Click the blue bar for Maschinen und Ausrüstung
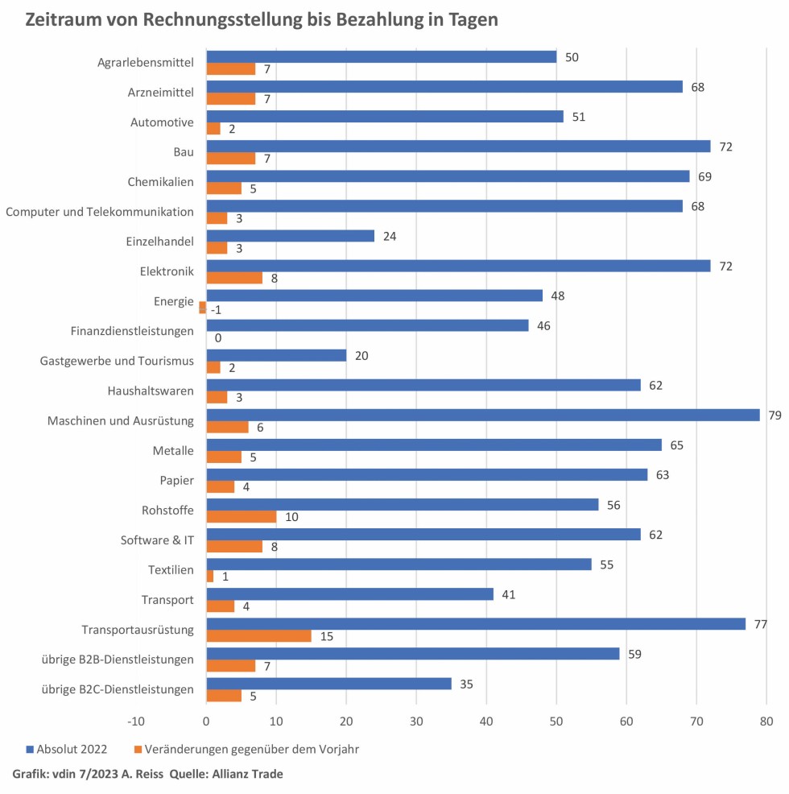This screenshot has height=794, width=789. (x=483, y=415)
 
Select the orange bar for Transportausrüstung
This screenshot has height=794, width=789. (x=258, y=636)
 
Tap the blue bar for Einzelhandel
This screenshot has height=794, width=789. (x=291, y=236)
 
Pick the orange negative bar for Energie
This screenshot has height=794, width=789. (x=203, y=308)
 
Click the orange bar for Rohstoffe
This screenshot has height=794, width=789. (x=242, y=516)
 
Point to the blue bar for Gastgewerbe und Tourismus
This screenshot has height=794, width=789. (x=276, y=355)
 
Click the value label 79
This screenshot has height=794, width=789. (x=775, y=415)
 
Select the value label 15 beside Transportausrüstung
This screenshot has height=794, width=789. (x=326, y=636)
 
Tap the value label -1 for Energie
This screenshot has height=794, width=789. (x=216, y=308)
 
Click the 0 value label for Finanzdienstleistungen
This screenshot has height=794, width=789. (x=217, y=338)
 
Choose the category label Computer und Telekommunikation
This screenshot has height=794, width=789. (x=100, y=212)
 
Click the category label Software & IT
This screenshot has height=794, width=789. (x=157, y=540)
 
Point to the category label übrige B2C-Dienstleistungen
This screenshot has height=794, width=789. (x=118, y=689)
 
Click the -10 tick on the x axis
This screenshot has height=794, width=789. (x=136, y=721)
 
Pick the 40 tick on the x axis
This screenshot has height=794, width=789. (x=486, y=721)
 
